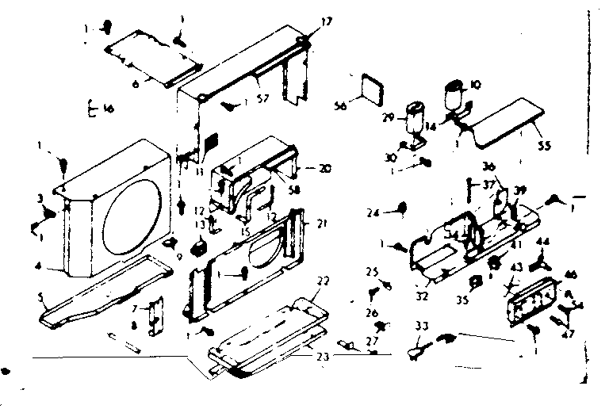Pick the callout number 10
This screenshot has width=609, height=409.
pyautogui.click(x=477, y=83)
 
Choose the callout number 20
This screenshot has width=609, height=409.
pyautogui.click(x=324, y=169)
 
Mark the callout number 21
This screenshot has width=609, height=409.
pyautogui.click(x=322, y=224)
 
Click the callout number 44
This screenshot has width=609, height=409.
pyautogui.click(x=544, y=241)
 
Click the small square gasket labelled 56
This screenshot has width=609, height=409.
pyautogui.click(x=373, y=87)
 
